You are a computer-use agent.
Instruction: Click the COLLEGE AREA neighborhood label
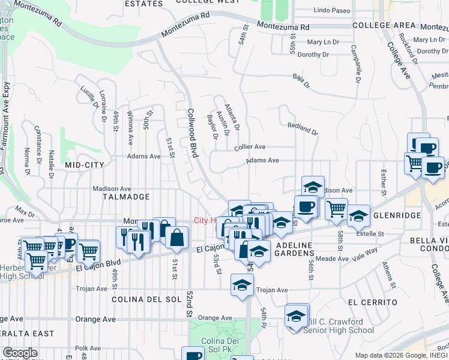tap(384, 25)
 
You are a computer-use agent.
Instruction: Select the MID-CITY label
tap(85, 164)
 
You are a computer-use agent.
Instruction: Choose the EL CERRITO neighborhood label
tap(372, 302)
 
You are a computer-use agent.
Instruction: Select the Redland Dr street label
tap(302, 128)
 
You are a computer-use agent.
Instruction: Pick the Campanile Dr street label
tap(354, 64)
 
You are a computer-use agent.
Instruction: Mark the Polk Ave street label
tap(88, 348)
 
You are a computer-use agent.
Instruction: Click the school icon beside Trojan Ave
tap(242, 284)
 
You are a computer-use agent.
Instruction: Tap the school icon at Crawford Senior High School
tap(296, 316)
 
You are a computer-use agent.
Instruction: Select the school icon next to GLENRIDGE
tap(358, 215)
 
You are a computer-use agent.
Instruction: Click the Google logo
tap(20, 353)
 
